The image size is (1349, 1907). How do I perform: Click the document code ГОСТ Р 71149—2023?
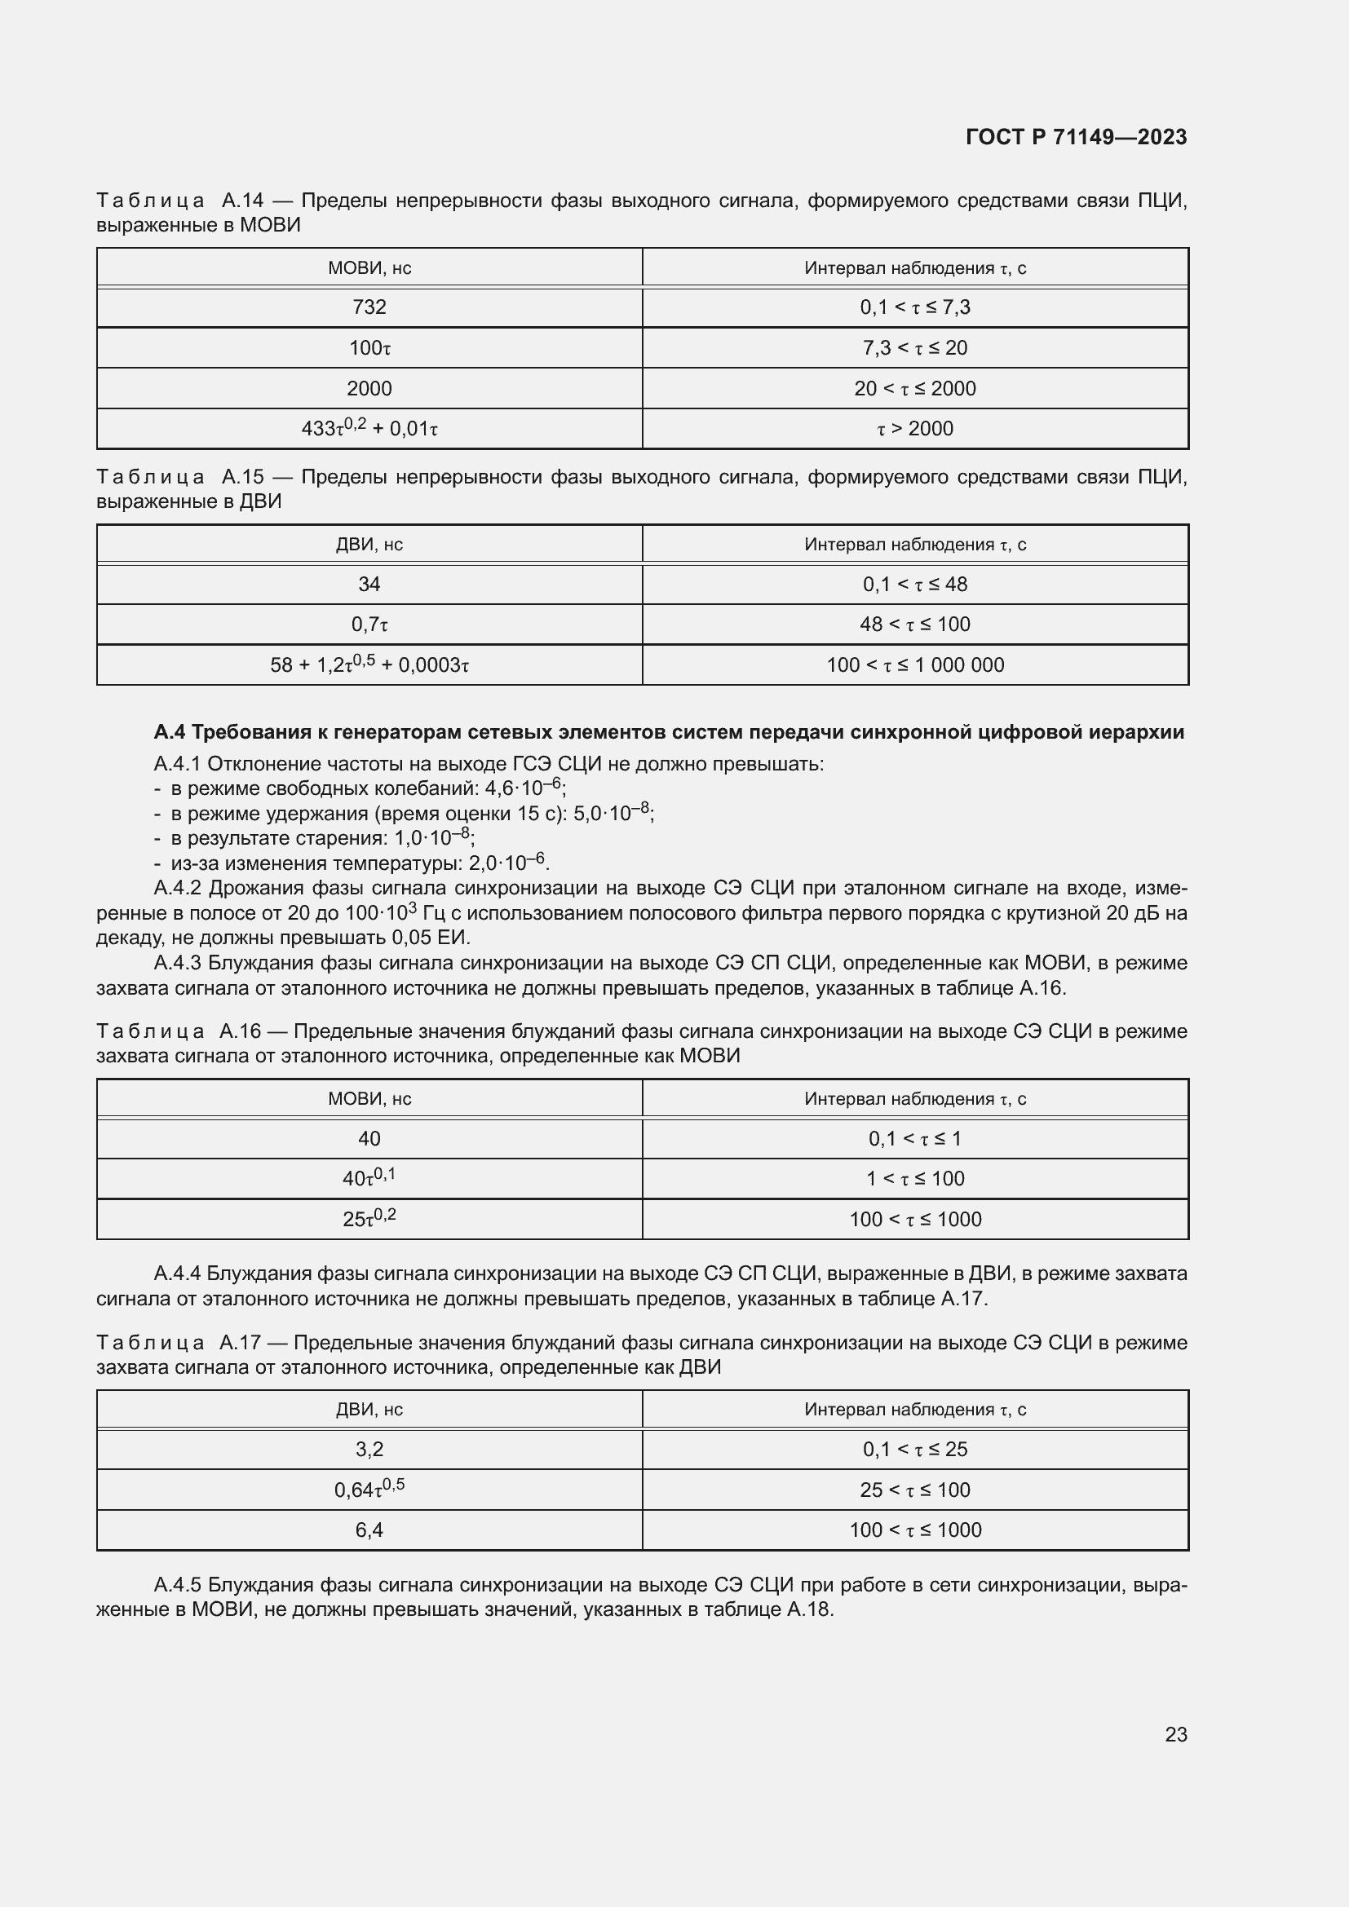[x=1076, y=137]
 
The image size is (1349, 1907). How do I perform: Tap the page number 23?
[x=1175, y=1734]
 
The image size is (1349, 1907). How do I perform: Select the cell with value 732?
[x=369, y=307]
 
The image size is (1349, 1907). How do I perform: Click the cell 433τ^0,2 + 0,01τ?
[x=369, y=429]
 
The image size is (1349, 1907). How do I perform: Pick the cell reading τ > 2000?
[x=914, y=429]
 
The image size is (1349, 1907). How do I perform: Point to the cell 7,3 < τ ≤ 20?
[x=914, y=348]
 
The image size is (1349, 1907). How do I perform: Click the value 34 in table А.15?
[x=369, y=585]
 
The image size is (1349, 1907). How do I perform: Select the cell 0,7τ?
[x=369, y=625]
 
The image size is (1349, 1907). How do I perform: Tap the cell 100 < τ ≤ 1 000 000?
[x=914, y=665]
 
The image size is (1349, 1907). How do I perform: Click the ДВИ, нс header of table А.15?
[x=369, y=545]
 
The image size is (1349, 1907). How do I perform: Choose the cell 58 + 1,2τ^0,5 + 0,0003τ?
[x=369, y=664]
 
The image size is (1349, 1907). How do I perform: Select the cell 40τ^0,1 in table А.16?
[x=369, y=1178]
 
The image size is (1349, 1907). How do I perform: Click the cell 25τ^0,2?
[x=369, y=1218]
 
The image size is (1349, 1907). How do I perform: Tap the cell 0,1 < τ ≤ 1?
[x=914, y=1139]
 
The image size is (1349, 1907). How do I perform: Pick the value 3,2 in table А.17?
[x=369, y=1450]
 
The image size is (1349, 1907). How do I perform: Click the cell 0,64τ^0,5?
[x=369, y=1490]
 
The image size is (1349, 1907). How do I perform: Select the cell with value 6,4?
[x=369, y=1530]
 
